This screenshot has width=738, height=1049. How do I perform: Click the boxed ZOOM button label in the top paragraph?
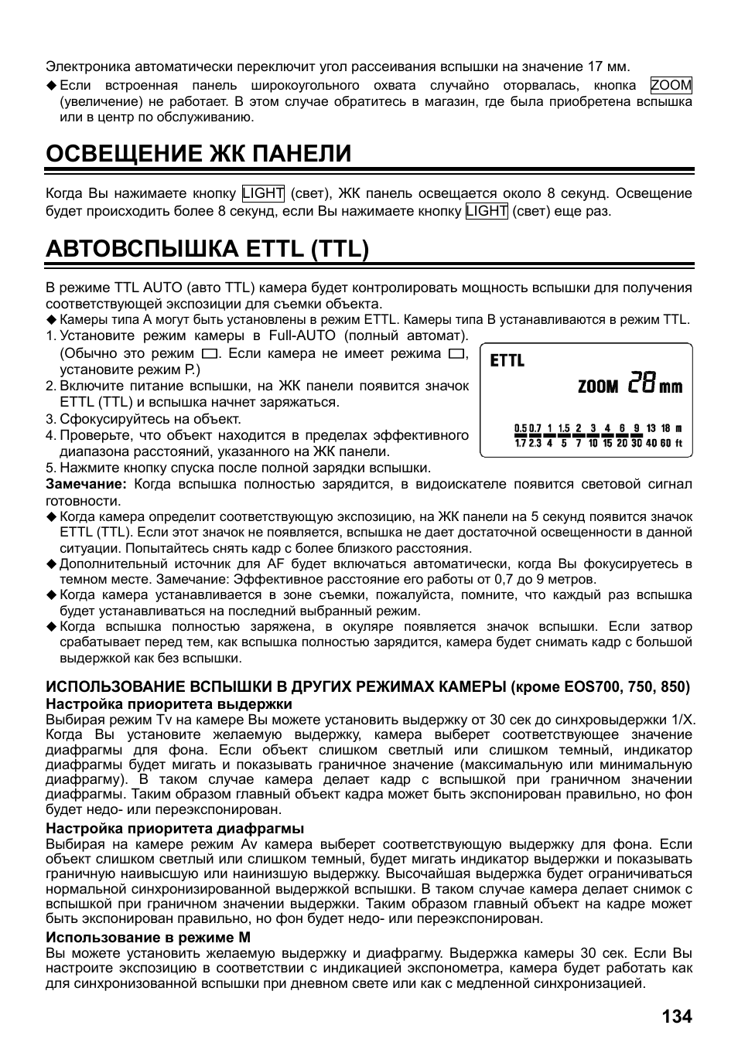click(671, 86)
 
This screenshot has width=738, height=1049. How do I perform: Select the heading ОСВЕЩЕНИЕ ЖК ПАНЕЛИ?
click(198, 153)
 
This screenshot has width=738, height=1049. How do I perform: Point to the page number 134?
click(677, 1016)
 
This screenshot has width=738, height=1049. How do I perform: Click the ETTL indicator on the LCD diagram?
click(507, 361)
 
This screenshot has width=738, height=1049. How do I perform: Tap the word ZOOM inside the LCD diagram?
click(598, 386)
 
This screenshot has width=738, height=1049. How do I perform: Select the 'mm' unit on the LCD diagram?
click(671, 386)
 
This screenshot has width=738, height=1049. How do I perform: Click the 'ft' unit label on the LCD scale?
click(679, 444)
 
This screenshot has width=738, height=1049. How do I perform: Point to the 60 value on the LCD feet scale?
click(665, 444)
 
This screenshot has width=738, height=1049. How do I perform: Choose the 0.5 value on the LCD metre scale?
click(521, 428)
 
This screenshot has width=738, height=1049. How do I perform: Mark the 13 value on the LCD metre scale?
click(651, 428)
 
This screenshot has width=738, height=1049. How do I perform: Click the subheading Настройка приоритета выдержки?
click(169, 703)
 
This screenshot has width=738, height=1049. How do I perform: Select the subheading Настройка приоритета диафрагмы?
click(175, 829)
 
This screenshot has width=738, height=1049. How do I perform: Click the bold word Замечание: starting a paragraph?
click(85, 485)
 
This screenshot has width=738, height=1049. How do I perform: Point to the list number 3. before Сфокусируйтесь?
click(50, 419)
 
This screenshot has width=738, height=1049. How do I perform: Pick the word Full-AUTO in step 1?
click(302, 336)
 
